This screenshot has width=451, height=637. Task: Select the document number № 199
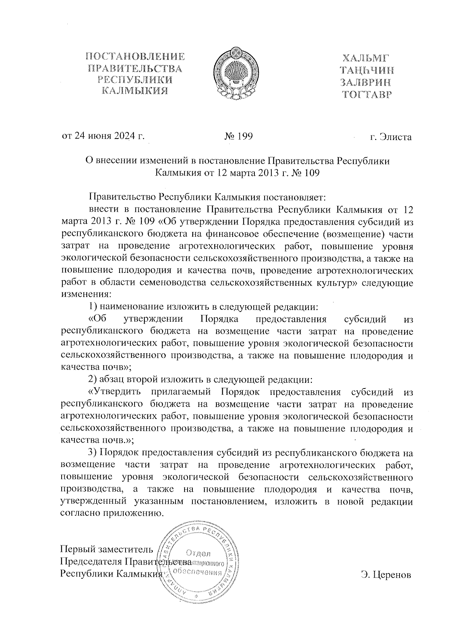[x=239, y=137]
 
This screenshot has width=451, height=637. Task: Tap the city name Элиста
[x=396, y=137]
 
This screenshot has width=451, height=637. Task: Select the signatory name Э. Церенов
[x=386, y=575]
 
